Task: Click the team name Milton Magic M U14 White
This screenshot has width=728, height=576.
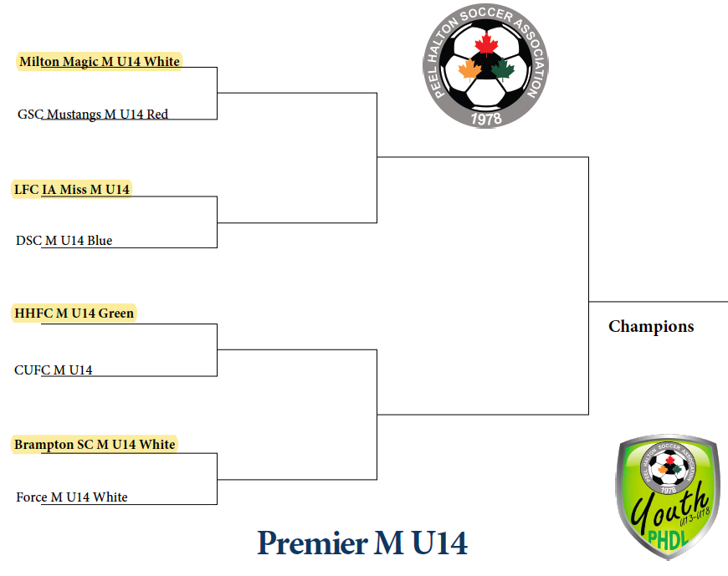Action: (100, 62)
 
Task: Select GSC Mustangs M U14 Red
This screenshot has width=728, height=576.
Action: (93, 114)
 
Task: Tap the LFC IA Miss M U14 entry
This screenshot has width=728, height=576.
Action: (71, 189)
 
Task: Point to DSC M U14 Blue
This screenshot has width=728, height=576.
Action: (64, 240)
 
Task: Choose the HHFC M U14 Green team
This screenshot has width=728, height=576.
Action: (74, 313)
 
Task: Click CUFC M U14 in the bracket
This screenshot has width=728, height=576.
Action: (54, 370)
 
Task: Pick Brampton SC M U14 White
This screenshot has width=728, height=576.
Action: (95, 444)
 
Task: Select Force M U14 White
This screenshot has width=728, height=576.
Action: (72, 497)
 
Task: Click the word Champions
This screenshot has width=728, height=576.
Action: (651, 327)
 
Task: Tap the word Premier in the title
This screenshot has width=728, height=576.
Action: (312, 543)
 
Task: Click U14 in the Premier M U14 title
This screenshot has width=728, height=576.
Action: (439, 543)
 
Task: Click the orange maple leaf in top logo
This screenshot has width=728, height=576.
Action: (470, 70)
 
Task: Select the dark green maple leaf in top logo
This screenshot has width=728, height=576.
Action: (503, 70)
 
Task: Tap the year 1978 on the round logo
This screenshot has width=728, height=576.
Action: (486, 119)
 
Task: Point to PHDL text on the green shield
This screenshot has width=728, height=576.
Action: (668, 538)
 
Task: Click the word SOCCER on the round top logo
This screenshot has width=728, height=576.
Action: (486, 15)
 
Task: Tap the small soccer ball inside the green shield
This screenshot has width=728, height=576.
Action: (669, 468)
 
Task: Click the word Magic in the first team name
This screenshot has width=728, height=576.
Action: (81, 62)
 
